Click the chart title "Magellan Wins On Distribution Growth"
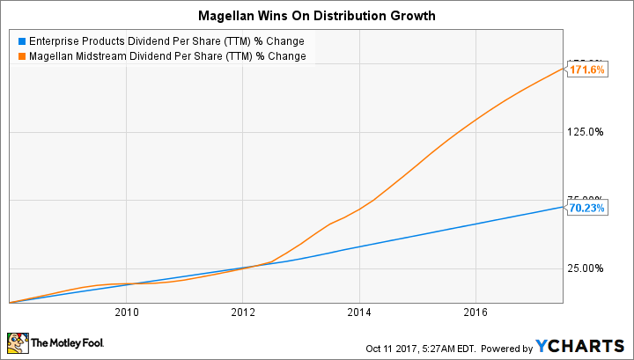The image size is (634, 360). [x=317, y=15]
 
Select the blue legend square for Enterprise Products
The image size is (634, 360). [x=22, y=40]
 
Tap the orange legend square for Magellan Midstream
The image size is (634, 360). [x=22, y=56]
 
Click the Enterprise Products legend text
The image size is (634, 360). [x=167, y=40]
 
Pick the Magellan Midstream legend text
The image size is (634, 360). [x=168, y=56]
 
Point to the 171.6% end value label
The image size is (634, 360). [x=586, y=70]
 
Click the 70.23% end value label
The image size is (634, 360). [x=586, y=209]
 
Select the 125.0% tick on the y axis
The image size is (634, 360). [x=585, y=132]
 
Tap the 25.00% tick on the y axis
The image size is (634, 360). [x=585, y=268]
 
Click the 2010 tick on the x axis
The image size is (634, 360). [x=127, y=312]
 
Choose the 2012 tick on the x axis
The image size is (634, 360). [x=243, y=312]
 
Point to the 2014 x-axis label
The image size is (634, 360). [x=359, y=312]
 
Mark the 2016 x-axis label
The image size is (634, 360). [x=475, y=312]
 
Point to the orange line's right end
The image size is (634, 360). [x=563, y=69]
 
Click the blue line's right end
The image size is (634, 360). [x=563, y=208]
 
